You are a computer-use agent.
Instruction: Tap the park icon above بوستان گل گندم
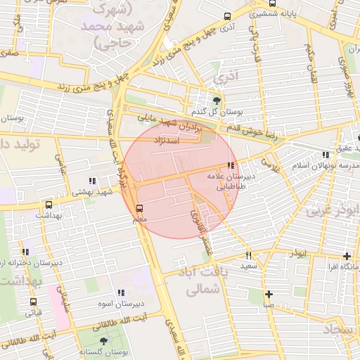pyautogui.click(x=216, y=101)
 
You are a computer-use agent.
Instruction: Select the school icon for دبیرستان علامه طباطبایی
pyautogui.click(x=231, y=165)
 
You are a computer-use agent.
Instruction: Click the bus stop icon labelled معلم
pyautogui.click(x=139, y=208)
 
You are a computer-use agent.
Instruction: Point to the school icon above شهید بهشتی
pyautogui.click(x=94, y=181)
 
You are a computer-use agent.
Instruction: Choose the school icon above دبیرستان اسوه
pyautogui.click(x=121, y=292)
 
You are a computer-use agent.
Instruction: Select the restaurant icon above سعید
pyautogui.click(x=248, y=256)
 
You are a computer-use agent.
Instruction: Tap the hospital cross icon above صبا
pyautogui.click(x=269, y=294)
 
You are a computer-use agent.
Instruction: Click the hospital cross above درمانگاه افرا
pyautogui.click(x=346, y=256)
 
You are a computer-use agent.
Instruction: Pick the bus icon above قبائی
pyautogui.click(x=33, y=302)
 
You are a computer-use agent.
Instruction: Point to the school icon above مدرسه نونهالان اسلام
pyautogui.click(x=325, y=155)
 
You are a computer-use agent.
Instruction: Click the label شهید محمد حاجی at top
pyautogui.click(x=105, y=27)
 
